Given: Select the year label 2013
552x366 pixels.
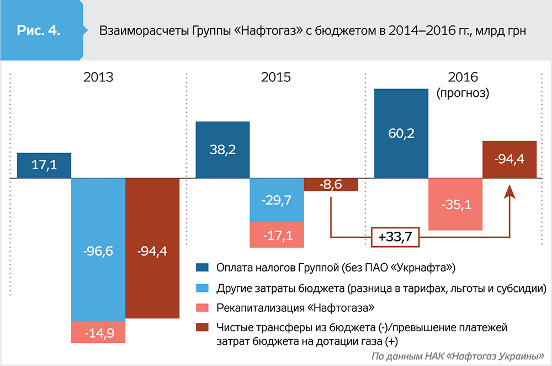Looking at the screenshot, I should click(x=98, y=77).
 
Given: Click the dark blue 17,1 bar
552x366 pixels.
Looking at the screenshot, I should click(x=44, y=165).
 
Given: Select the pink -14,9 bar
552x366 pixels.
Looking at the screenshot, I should click(x=98, y=332).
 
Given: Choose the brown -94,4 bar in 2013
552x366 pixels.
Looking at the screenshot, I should click(x=152, y=249).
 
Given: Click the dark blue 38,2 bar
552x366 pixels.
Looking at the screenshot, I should click(x=223, y=150).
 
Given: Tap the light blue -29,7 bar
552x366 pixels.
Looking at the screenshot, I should click(x=277, y=200).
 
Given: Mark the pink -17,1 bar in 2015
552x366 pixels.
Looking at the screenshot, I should click(x=277, y=234).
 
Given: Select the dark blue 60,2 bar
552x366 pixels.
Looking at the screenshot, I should click(x=402, y=133).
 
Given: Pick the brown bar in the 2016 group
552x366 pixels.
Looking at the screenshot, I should click(x=510, y=159).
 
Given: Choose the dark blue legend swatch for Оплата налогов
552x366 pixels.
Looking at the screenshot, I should click(x=203, y=269).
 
